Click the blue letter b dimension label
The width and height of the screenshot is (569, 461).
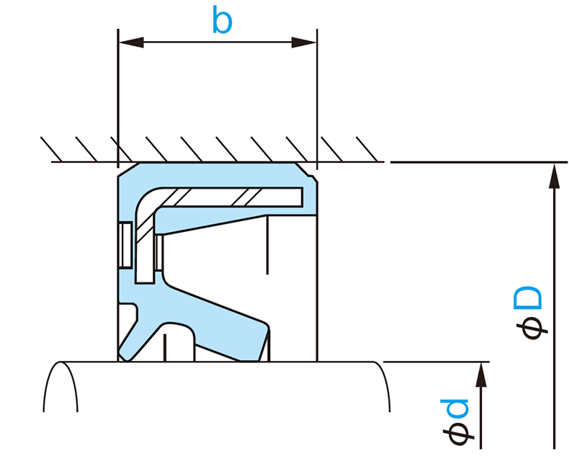point(223,21)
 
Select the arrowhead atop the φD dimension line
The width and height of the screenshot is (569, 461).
point(553,176)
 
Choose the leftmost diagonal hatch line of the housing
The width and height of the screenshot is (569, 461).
point(50,148)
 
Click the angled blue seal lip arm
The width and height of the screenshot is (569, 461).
point(216,317)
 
